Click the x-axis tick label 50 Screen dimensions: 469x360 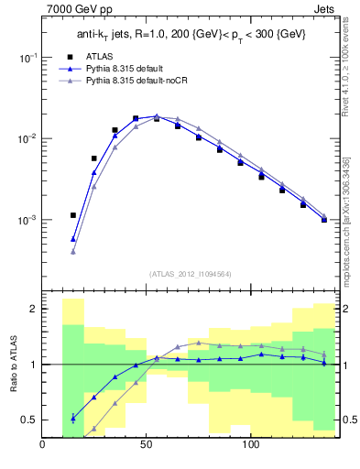(x=147, y=446)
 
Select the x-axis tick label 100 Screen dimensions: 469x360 (x=250, y=446)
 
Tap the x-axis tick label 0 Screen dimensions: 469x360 (x=43, y=446)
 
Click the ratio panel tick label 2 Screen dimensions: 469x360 (x=32, y=310)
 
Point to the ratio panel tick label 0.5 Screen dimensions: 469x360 (x=28, y=420)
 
